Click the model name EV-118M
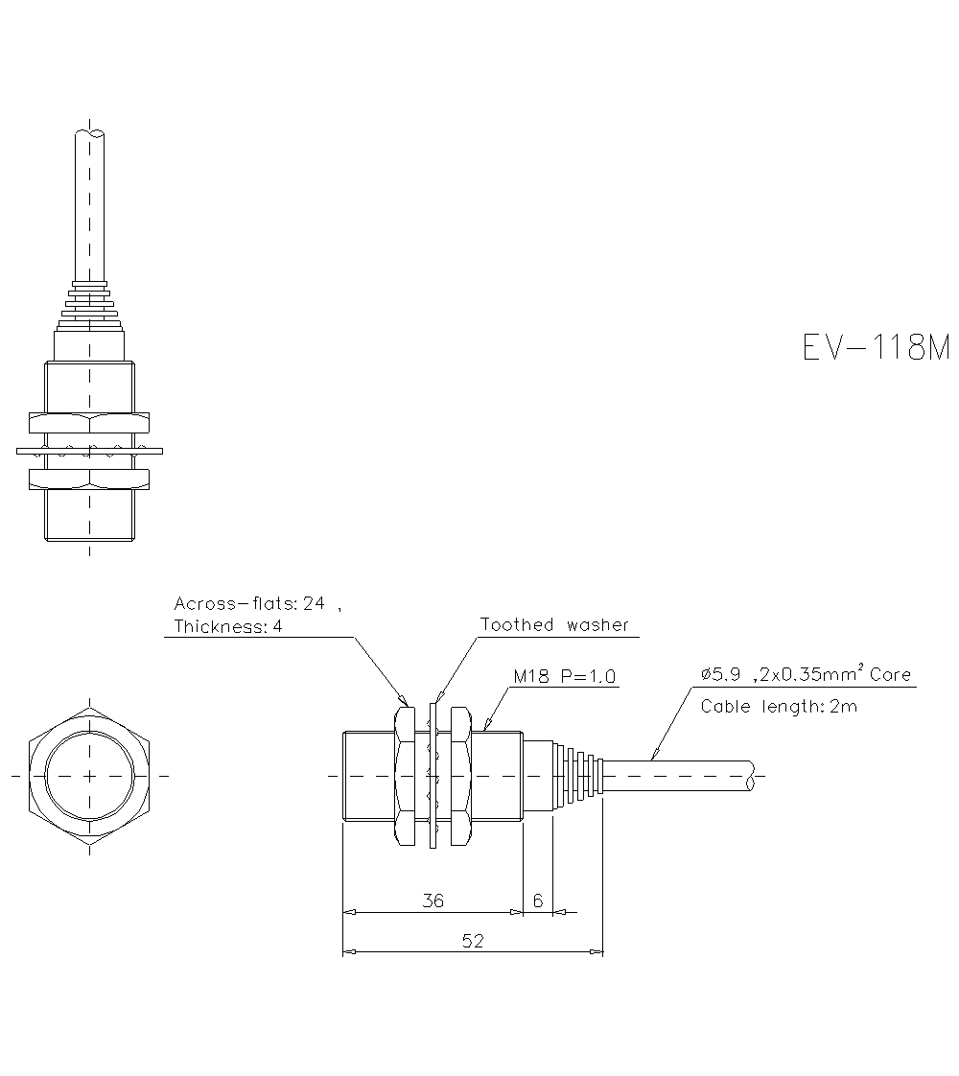click(x=875, y=347)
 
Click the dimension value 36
click(x=433, y=901)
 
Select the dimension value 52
click(x=473, y=941)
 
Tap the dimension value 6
click(x=538, y=901)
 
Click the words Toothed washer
click(x=554, y=624)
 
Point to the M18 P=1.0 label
click(x=565, y=676)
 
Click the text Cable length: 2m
click(x=779, y=707)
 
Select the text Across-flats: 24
click(x=249, y=603)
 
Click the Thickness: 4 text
click(x=228, y=627)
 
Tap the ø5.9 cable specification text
click(x=806, y=675)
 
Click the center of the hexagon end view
click(x=89, y=775)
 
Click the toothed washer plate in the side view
click(x=433, y=775)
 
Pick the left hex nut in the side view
click(x=405, y=775)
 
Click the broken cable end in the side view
click(x=753, y=775)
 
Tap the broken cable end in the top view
click(x=89, y=133)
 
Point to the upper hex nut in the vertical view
click(x=89, y=422)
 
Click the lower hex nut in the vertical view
click(x=89, y=477)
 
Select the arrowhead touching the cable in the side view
click(x=655, y=755)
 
